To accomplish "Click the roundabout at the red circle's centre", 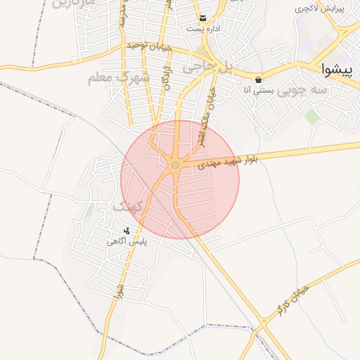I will click(174, 165).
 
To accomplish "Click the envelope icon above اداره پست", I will click(202, 18).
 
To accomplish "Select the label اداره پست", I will click(202, 30).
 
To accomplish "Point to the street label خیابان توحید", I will click(150, 46).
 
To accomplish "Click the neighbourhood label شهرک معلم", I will click(119, 77).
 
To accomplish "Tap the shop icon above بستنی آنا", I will click(260, 79).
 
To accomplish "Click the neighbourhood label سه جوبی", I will click(302, 91).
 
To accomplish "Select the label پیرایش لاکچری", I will click(319, 8).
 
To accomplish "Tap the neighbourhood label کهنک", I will click(127, 207).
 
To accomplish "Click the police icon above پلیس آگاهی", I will click(127, 230).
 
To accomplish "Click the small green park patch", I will click(311, 116).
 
